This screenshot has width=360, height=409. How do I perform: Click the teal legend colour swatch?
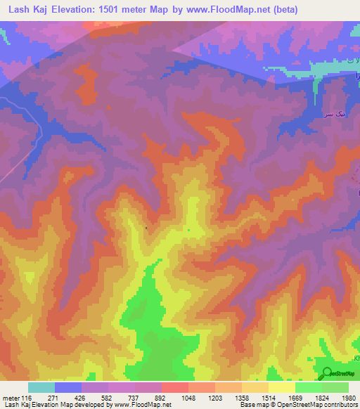[x=41, y=387]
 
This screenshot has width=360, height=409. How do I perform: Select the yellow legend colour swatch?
[x=281, y=387]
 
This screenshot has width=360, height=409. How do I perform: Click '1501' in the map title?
[x=120, y=10]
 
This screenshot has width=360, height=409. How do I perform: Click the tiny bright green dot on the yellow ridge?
[x=188, y=229]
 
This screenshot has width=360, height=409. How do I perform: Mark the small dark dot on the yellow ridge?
[x=146, y=228]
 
